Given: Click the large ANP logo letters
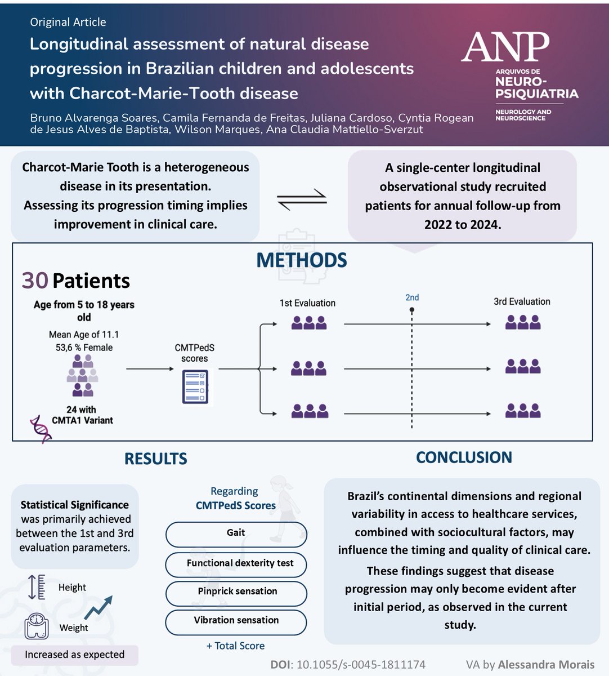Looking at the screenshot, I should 505,47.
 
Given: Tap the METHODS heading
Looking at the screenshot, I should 302,260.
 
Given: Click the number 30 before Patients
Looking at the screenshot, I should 34,281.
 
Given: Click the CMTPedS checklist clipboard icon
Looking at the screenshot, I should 195,386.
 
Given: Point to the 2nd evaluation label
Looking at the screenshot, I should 412,297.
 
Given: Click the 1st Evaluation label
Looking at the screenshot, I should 307,303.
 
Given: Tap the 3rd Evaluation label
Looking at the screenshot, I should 522,301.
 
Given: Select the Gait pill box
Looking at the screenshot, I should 236,533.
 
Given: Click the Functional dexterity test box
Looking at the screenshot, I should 236,563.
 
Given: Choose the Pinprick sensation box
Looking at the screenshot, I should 236,591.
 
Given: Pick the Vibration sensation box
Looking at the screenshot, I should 236,621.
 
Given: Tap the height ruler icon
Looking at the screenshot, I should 36,587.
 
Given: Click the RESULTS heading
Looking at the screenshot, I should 155,459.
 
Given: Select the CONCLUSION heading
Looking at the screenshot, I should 464,457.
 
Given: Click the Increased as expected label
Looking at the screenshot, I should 74,655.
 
